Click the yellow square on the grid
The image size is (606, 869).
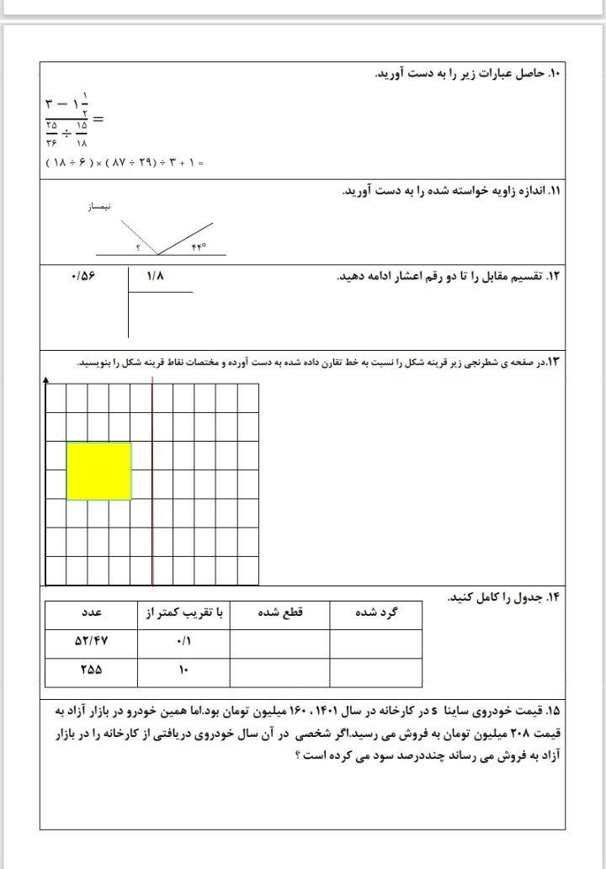coord(99,471)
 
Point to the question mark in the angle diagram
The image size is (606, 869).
coord(138,247)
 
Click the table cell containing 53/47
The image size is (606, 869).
coord(93,641)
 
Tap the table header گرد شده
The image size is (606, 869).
coord(377,612)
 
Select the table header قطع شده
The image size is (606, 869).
coord(279,612)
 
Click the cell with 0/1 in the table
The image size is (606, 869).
coord(185,641)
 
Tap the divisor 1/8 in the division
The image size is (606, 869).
coord(156,276)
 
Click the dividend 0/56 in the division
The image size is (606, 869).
coord(85,276)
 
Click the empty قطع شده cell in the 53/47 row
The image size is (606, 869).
coord(279,642)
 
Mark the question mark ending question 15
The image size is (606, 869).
coord(298,755)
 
